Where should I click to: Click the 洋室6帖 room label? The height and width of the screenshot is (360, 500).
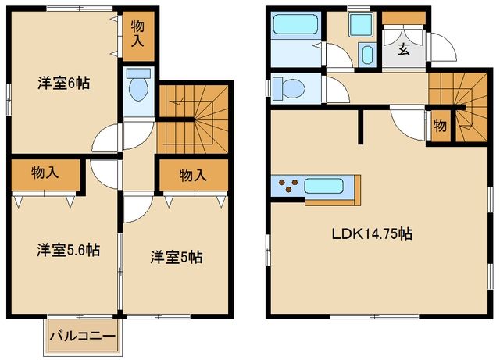point(63,84)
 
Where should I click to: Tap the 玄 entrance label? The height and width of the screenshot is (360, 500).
point(403,51)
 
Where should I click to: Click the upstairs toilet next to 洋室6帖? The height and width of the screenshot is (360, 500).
point(139,88)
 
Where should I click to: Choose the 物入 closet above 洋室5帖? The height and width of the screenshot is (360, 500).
point(192,176)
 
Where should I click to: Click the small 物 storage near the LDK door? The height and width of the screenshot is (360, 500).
point(440,126)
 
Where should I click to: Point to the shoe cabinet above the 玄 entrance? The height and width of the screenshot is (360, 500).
point(403,18)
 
